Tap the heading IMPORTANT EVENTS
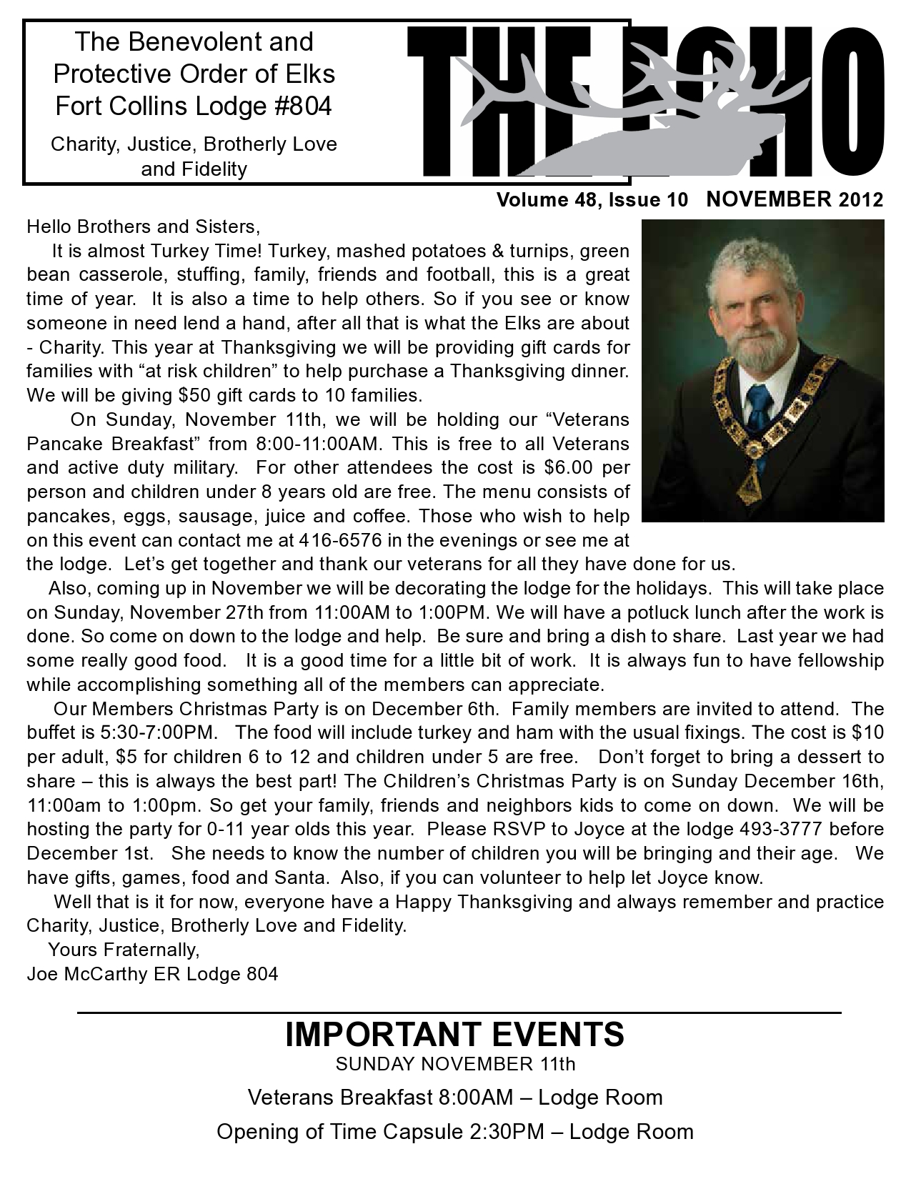pos(454,1034)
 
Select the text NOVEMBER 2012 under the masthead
pos(795,199)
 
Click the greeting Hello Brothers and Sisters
pos(141,227)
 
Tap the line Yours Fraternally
pos(123,950)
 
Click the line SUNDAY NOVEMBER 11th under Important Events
pos(455,1064)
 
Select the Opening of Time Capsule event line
pos(454,1132)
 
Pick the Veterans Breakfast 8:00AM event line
pos(454,1098)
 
